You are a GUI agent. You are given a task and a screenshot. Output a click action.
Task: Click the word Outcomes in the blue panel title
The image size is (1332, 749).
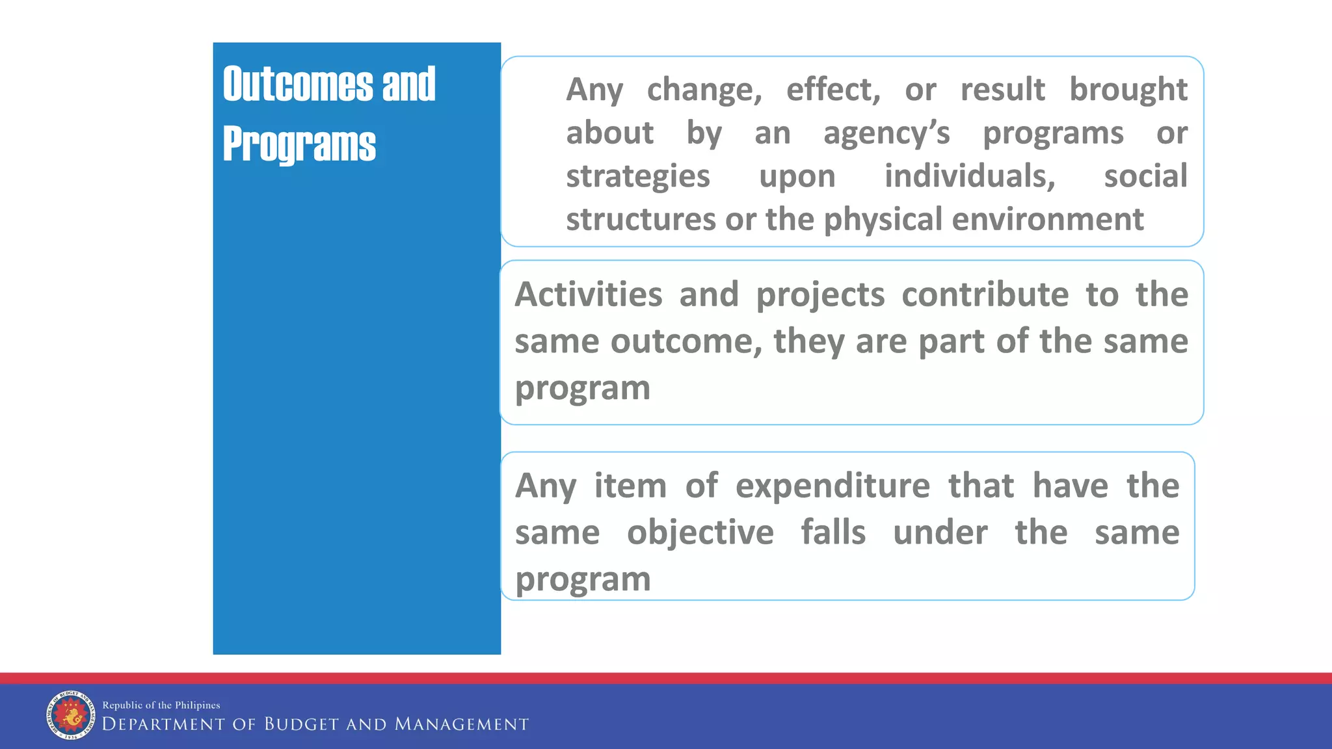tap(298, 85)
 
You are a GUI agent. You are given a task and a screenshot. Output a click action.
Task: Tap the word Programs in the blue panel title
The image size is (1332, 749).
tap(299, 144)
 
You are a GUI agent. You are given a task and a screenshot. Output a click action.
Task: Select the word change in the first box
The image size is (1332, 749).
tap(704, 90)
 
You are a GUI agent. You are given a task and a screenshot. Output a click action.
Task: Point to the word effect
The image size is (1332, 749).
tap(832, 90)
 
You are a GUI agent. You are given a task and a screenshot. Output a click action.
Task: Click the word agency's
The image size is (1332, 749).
tap(886, 134)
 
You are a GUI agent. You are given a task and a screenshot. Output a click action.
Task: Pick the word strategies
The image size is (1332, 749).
tap(637, 177)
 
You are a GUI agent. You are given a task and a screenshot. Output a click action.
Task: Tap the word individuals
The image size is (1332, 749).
tap(969, 177)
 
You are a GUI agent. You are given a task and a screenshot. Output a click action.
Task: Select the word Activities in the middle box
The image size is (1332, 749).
tap(589, 295)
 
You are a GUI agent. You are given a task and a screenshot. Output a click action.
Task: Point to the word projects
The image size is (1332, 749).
tap(820, 295)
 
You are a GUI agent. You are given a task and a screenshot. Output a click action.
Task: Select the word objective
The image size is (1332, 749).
tap(700, 533)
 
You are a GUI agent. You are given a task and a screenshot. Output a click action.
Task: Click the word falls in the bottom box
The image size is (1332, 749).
tap(833, 533)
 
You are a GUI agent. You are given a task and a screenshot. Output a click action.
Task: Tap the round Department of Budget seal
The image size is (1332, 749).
tap(70, 715)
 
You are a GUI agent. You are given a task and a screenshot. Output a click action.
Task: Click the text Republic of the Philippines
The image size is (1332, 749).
tap(161, 705)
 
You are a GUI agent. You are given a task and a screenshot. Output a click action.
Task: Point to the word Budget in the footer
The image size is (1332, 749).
tap(301, 724)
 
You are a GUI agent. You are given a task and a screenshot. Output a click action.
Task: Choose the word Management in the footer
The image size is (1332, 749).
tap(462, 724)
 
